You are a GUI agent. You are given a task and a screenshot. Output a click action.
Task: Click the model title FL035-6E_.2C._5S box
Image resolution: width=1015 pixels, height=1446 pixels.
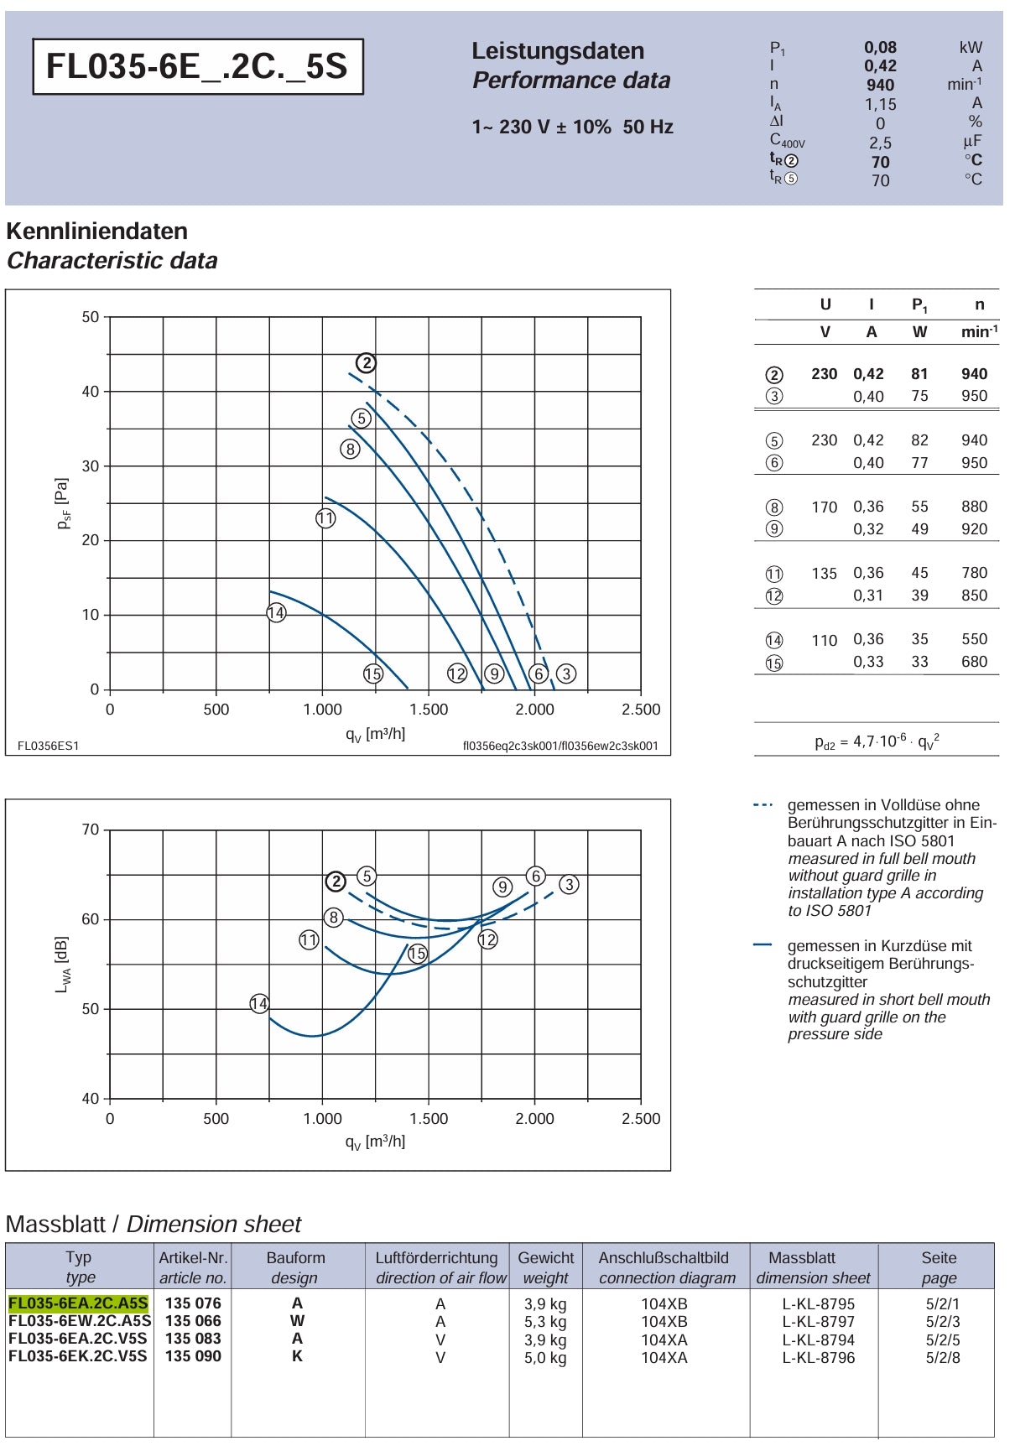pyautogui.click(x=198, y=66)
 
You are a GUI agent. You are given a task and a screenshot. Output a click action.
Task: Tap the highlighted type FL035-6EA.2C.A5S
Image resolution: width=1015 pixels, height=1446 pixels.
pyautogui.click(x=78, y=1303)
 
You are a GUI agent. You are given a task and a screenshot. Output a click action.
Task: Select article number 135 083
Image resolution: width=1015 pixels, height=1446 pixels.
pyautogui.click(x=193, y=1339)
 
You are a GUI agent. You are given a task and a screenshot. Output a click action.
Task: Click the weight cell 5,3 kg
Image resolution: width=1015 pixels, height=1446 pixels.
pyautogui.click(x=545, y=1322)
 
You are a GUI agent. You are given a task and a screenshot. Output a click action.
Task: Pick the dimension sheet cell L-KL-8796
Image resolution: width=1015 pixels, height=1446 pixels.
pyautogui.click(x=819, y=1357)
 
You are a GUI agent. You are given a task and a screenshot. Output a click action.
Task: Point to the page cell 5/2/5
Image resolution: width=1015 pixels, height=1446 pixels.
pyautogui.click(x=943, y=1339)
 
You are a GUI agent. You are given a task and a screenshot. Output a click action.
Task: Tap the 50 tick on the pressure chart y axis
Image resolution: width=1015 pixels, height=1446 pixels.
pyautogui.click(x=90, y=317)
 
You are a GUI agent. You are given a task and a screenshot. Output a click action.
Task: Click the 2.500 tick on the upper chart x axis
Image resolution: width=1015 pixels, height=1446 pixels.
pyautogui.click(x=641, y=710)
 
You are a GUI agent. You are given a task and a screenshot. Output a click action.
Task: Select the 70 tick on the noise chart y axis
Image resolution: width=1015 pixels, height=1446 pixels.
pyautogui.click(x=90, y=830)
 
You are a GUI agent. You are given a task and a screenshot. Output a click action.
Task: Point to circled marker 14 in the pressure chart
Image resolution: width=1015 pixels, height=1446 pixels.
pyautogui.click(x=276, y=613)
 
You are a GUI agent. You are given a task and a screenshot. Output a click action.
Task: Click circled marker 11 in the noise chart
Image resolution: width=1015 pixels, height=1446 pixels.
pyautogui.click(x=309, y=940)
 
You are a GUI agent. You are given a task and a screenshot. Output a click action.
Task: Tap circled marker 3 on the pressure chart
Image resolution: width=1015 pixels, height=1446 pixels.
pyautogui.click(x=566, y=674)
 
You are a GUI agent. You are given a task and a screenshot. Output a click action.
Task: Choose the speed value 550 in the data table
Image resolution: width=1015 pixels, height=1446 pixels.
pyautogui.click(x=974, y=639)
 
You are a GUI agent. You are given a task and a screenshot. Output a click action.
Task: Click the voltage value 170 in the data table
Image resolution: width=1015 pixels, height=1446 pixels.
pyautogui.click(x=824, y=507)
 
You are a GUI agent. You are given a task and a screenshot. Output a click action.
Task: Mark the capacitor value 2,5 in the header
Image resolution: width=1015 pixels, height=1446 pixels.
pyautogui.click(x=880, y=143)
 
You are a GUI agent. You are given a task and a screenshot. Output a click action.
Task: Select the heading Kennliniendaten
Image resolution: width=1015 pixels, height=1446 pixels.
pyautogui.click(x=97, y=231)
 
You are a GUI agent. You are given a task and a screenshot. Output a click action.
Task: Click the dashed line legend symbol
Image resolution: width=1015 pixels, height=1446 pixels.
pyautogui.click(x=763, y=805)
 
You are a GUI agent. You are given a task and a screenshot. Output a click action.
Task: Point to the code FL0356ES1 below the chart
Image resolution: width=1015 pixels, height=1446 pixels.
pyautogui.click(x=49, y=746)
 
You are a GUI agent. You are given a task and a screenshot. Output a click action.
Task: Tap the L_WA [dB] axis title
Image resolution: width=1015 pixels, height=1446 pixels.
pyautogui.click(x=62, y=965)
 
